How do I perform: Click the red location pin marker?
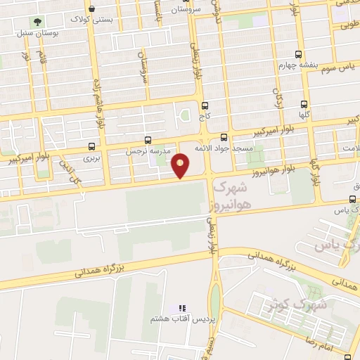(181, 167)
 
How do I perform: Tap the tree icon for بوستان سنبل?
(37, 22)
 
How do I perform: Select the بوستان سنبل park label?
(39, 33)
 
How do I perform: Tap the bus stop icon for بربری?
(92, 147)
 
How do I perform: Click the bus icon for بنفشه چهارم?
(299, 54)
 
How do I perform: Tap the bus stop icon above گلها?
(303, 103)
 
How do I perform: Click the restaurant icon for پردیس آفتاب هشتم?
(182, 308)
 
